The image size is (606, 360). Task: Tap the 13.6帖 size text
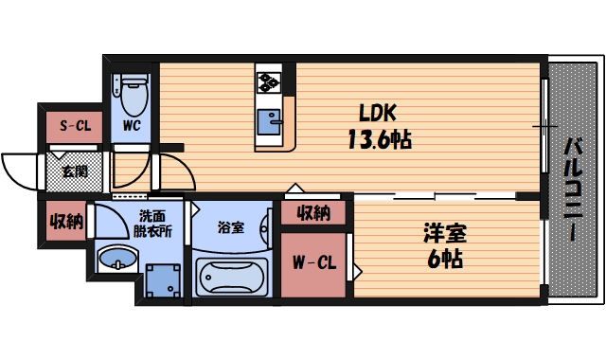(x=378, y=139)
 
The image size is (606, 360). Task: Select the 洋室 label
(x=445, y=232)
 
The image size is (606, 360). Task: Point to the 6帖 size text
(x=445, y=258)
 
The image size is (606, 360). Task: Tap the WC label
(x=131, y=125)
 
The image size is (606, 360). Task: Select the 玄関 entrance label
(x=73, y=171)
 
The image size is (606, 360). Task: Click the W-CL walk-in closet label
(x=312, y=262)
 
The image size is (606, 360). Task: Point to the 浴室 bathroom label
(x=231, y=227)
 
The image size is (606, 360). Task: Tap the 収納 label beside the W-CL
(x=312, y=212)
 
